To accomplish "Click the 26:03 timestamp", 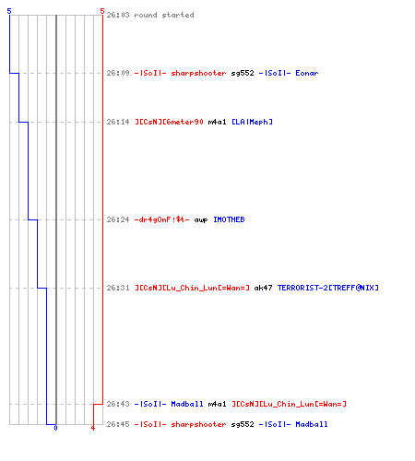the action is coord(118,15).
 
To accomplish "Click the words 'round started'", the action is coord(164,15).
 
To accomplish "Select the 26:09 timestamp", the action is coord(118,73).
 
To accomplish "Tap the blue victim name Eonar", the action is coord(307,73).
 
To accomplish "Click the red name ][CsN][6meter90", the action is coord(169,122).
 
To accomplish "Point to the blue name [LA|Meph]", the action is coord(252,122).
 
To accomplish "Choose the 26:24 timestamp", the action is coord(118,219).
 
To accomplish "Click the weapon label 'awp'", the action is coord(201,220).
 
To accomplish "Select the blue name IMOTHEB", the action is coord(229,219).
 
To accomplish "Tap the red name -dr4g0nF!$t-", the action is coord(162,219).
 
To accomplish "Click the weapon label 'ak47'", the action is coord(263,288).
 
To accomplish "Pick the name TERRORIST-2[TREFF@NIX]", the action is coord(328,288).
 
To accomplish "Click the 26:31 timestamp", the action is coord(118,288).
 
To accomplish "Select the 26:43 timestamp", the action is coord(118,404).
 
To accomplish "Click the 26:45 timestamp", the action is coord(118,424).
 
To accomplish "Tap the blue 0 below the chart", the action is coord(55,428).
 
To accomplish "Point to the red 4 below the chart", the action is coord(93,428).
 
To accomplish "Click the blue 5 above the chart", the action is coord(9,11).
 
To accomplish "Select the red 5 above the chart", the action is coord(102,11).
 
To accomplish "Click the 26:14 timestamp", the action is coord(118,122).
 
